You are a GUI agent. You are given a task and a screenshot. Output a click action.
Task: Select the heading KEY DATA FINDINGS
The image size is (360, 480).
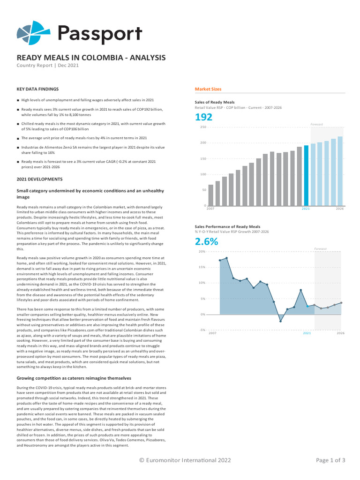click(37, 89)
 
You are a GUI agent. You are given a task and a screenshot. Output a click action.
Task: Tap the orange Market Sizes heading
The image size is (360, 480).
click(208, 89)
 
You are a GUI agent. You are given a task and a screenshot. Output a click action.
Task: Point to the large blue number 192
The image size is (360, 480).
click(203, 117)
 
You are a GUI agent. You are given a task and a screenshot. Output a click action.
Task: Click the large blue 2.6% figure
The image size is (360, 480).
click(206, 242)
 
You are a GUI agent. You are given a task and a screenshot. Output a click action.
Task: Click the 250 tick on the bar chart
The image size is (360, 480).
click(203, 127)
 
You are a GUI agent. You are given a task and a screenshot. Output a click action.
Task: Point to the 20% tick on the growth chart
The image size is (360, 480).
click(202, 252)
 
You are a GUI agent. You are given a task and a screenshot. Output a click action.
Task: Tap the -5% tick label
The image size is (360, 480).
click(202, 330)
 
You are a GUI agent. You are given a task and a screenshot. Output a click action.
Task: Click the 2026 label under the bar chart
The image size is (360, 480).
click(340, 209)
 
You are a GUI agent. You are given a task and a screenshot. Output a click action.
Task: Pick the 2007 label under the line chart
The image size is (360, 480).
click(212, 333)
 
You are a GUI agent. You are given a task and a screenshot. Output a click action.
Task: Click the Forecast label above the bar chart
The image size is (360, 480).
click(317, 124)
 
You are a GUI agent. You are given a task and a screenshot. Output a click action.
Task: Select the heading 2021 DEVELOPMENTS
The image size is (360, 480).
click(40, 179)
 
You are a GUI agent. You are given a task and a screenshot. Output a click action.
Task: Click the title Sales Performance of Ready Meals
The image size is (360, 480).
click(227, 226)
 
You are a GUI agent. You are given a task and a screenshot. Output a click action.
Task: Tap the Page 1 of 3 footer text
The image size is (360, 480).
click(330, 460)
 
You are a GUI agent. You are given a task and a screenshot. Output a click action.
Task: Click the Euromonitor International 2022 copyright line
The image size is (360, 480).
click(185, 460)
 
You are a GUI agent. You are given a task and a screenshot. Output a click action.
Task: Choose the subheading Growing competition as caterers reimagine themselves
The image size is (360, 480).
click(74, 378)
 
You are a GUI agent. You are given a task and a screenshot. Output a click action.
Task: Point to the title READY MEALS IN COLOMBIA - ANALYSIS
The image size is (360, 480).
click(91, 58)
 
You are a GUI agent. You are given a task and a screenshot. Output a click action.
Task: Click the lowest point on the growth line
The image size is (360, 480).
click(280, 321)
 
